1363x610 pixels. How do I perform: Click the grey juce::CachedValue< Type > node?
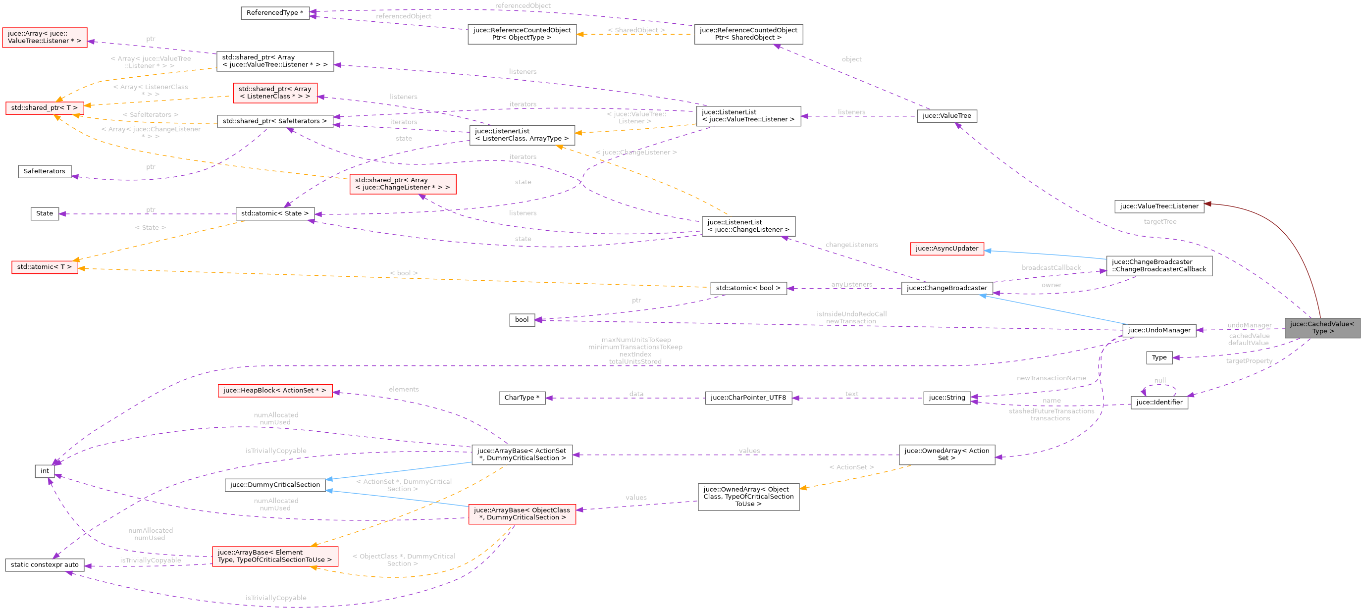tap(1322, 328)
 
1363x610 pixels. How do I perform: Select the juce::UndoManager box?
tap(1159, 330)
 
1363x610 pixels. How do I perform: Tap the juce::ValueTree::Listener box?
tap(1159, 206)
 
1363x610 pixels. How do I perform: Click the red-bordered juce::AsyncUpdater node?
tap(946, 249)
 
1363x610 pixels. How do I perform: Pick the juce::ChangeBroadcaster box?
tap(946, 288)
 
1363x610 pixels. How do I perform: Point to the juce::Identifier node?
tap(1159, 402)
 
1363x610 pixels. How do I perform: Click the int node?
tap(45, 471)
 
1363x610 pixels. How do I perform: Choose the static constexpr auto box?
tap(45, 564)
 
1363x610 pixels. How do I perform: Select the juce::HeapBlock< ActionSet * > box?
tap(274, 391)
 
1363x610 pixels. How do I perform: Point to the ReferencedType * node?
tap(274, 13)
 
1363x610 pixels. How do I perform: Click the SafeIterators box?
tap(45, 171)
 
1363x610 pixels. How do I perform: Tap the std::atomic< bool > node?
tap(748, 288)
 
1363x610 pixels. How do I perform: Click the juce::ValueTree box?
tap(946, 116)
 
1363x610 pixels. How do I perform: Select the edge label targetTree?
tap(1160, 222)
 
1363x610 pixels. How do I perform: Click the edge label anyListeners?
tap(851, 285)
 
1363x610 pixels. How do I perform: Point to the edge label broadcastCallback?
tap(1051, 268)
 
